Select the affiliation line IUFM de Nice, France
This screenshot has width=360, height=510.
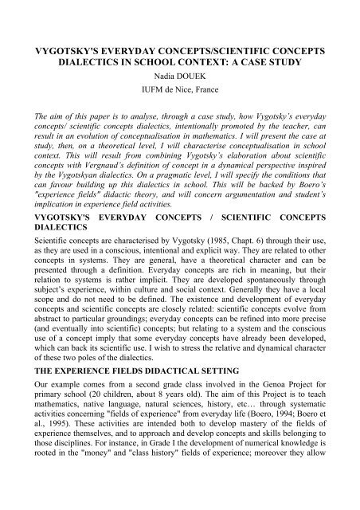(180, 87)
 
